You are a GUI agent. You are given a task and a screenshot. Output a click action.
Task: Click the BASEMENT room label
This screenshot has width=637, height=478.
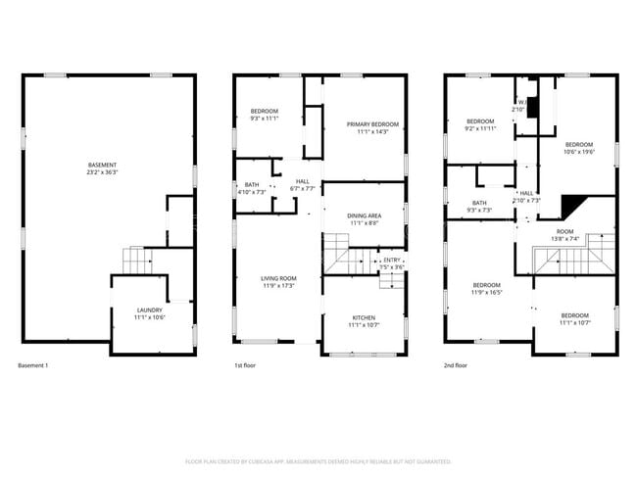tap(103, 164)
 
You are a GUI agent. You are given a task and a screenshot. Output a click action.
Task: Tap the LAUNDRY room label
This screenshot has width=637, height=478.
tap(150, 310)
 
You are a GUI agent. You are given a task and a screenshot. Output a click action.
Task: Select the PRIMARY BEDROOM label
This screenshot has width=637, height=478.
tap(373, 124)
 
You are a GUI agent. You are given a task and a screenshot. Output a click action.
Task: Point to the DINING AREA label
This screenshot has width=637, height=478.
tap(364, 215)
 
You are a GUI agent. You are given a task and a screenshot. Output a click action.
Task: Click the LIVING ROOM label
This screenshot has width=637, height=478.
tap(278, 278)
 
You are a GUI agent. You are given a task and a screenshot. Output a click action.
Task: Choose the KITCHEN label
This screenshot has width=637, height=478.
tap(364, 317)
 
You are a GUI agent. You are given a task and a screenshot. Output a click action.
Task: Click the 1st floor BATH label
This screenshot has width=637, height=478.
tap(252, 184)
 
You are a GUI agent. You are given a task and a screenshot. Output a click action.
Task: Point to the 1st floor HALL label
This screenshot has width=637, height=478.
tap(303, 180)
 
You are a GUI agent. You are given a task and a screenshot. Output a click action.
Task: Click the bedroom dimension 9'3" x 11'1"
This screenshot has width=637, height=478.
tap(265, 119)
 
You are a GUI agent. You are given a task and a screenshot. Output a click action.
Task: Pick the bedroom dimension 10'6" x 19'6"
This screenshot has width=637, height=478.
tap(579, 152)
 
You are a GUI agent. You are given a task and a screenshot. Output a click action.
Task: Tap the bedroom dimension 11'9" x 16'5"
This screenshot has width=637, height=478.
tap(486, 292)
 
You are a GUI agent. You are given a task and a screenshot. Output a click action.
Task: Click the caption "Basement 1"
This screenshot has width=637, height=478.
tap(33, 365)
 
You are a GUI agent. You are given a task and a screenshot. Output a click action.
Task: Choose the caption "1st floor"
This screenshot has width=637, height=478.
tap(244, 365)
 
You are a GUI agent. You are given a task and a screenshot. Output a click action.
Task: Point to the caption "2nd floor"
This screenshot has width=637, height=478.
tap(456, 365)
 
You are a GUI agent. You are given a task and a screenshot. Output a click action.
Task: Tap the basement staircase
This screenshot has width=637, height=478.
tap(136, 262)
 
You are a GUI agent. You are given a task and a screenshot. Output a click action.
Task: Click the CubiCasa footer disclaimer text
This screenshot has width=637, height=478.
tap(318, 460)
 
